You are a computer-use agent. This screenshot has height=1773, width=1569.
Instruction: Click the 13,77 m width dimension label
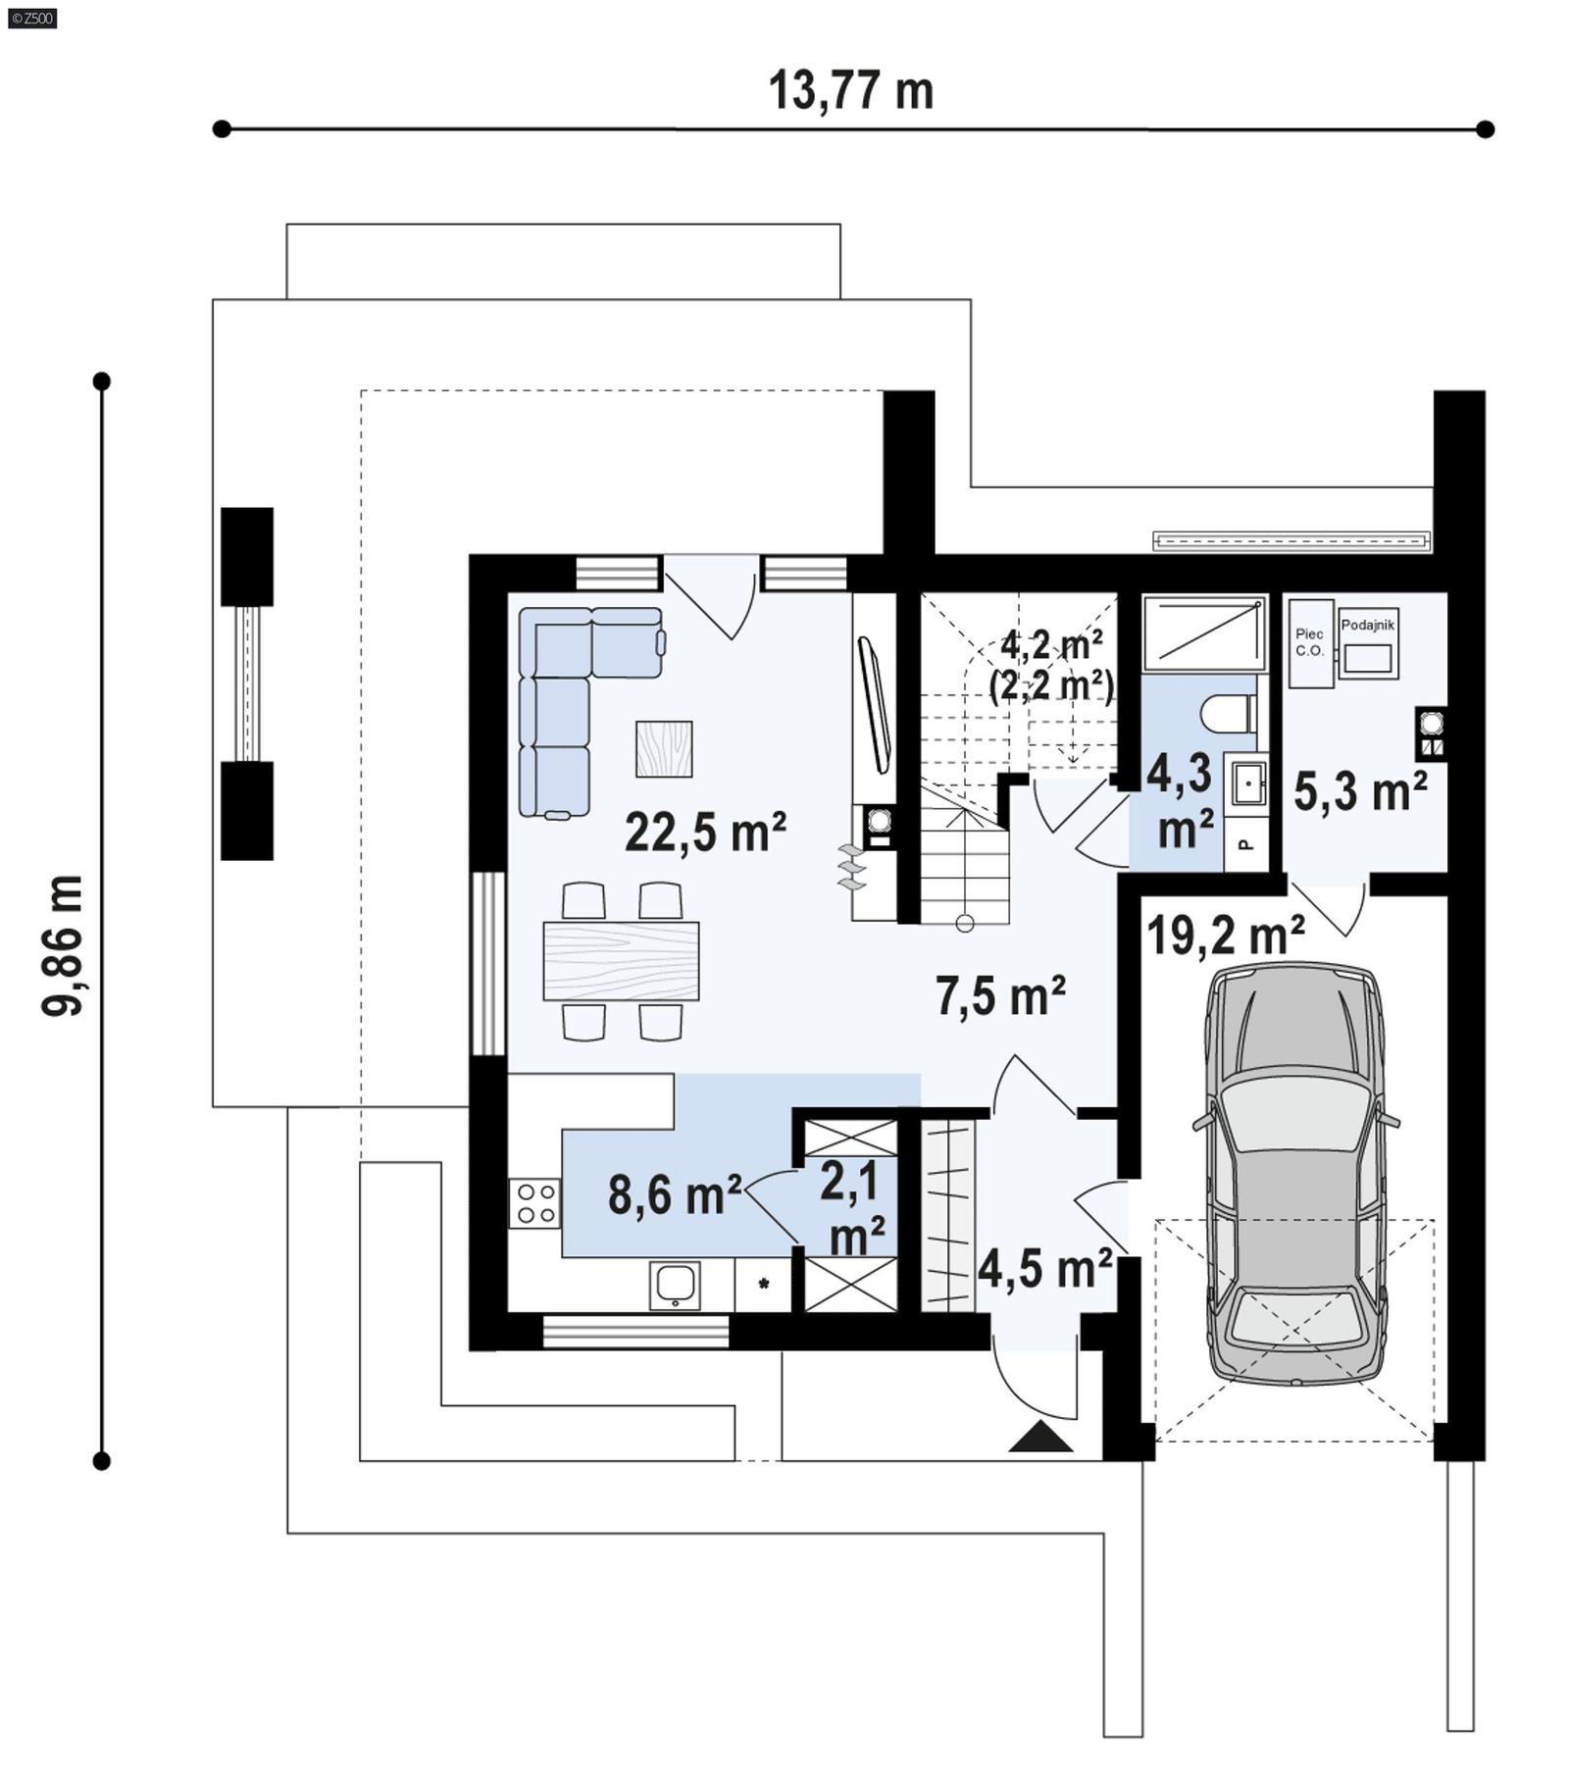tap(850, 90)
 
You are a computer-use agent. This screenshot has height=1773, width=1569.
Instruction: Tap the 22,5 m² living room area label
tap(705, 833)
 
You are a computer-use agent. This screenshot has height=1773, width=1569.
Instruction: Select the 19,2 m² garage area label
tap(1225, 935)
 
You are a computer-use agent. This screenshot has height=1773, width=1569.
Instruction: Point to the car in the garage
tap(1294, 1172)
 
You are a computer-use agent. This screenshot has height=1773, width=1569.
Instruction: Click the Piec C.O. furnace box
tap(1310, 642)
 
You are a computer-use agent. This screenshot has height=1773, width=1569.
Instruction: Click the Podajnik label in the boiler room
tap(1367, 625)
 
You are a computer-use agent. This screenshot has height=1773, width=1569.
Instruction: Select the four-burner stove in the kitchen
tap(534, 1203)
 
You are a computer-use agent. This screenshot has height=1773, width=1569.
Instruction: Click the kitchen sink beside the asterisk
tap(675, 1285)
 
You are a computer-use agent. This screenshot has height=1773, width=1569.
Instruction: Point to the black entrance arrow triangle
tap(1040, 1439)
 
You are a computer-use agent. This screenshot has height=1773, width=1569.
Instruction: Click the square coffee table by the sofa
tap(664, 749)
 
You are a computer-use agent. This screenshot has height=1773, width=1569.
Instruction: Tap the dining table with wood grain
tap(621, 960)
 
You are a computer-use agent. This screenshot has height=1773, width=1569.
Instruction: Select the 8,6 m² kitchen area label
tap(675, 1194)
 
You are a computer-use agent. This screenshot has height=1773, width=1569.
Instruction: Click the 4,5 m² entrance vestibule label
tap(1044, 1269)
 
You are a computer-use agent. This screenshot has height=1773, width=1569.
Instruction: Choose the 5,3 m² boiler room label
tap(1359, 790)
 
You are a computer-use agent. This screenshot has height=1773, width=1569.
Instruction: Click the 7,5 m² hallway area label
tap(999, 995)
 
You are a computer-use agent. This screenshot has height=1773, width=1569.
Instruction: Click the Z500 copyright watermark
tap(31, 17)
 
